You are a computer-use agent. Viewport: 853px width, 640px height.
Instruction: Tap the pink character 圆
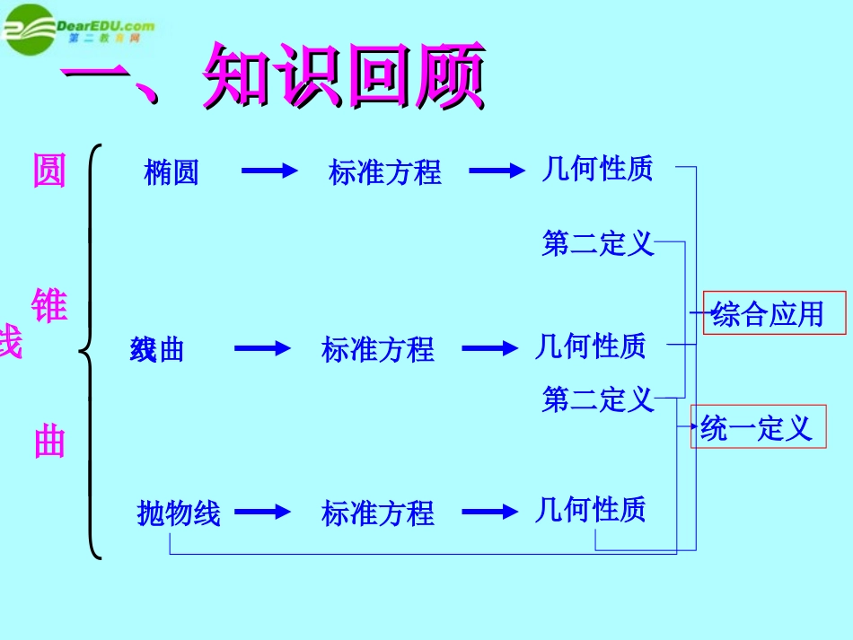coord(49,171)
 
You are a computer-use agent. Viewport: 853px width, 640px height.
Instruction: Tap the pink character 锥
coord(49,306)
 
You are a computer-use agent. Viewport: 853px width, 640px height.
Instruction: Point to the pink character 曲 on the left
coord(49,443)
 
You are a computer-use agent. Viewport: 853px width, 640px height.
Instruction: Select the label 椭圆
coord(171,172)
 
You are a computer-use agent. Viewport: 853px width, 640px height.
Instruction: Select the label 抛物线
coord(179,513)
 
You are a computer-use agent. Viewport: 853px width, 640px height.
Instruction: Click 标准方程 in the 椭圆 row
coord(385,172)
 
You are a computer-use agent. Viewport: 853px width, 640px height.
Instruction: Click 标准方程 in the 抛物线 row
coord(378,513)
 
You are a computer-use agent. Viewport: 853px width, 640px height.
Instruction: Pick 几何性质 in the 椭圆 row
coord(597,169)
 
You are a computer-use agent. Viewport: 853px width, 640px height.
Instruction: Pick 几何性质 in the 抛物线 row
coord(590,510)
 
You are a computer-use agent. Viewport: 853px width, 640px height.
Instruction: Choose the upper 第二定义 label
coord(598,243)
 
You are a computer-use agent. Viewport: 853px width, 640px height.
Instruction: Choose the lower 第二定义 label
coord(598,399)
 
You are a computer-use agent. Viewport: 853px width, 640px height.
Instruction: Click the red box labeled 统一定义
coord(758,427)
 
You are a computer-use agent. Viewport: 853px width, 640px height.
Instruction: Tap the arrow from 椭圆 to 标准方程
coord(269,171)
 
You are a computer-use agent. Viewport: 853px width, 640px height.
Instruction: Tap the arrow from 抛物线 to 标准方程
coord(263,512)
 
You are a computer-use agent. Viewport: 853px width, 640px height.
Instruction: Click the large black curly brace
coord(90,350)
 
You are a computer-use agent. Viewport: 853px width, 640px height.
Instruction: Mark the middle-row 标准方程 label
coord(378,349)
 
